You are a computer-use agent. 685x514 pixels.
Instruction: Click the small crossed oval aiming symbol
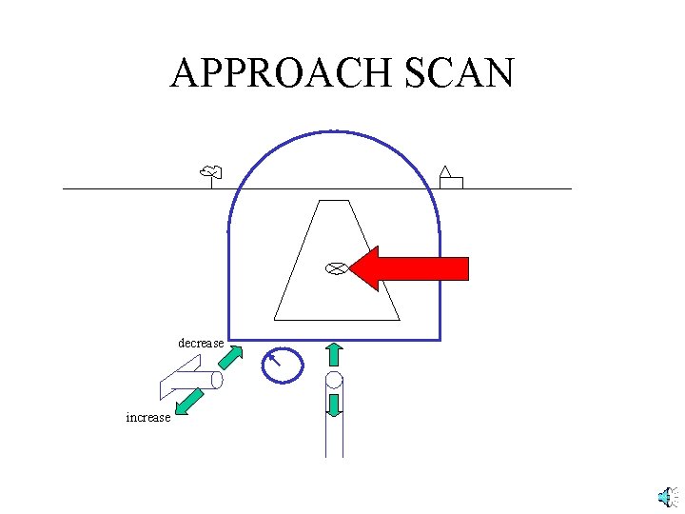pos(335,267)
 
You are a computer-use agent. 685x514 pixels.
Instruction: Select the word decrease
pos(201,343)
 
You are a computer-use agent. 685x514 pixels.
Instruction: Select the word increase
pos(148,417)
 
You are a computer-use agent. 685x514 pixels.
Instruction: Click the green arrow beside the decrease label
pos(230,358)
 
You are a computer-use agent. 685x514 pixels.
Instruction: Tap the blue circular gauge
pos(283,365)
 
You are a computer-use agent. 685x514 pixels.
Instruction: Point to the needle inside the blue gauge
pos(275,360)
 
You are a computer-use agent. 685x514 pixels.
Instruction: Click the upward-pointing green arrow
pos(334,354)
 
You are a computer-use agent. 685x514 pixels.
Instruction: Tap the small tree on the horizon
pos(211,174)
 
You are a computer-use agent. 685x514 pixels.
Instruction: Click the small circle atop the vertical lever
pos(334,382)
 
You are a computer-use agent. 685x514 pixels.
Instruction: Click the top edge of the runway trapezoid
pos(332,201)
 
